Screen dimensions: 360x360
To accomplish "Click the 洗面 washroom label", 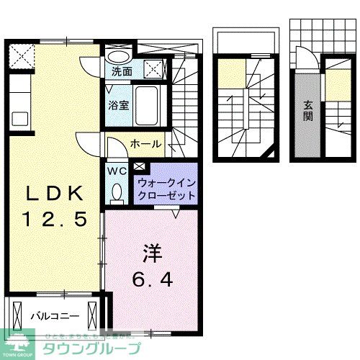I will pos(122,72).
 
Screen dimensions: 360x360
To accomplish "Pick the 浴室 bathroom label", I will pos(120,104).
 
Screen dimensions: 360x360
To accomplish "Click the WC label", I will pos(117,171).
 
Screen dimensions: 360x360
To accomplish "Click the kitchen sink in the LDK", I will pos(19,119).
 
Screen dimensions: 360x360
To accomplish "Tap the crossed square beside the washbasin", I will pos(153,68).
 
